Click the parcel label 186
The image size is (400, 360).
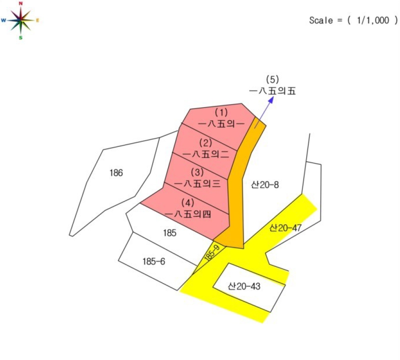[x=116, y=173]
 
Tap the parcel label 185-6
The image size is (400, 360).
[x=154, y=262]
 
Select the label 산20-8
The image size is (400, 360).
[x=265, y=185]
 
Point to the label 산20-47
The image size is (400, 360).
[x=286, y=228]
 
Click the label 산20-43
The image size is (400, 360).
[x=244, y=286]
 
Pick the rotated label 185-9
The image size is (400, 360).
[x=212, y=253]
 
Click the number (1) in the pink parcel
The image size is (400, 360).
[x=221, y=113]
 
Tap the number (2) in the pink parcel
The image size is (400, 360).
[x=206, y=143]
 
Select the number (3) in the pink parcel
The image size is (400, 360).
[x=197, y=172]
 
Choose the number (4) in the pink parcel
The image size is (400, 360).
[x=188, y=203]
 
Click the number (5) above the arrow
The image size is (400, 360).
[x=272, y=80]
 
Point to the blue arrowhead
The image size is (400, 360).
[x=271, y=100]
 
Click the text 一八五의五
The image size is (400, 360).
[x=272, y=91]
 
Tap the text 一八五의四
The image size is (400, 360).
[x=188, y=214]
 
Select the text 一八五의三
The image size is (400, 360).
[x=197, y=183]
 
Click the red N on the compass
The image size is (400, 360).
[x=21, y=4]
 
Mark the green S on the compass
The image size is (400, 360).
[x=21, y=38]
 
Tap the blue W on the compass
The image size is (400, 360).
[x=4, y=20]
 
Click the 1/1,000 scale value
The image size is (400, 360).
[x=373, y=20]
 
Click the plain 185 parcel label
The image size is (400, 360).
[x=170, y=233]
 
